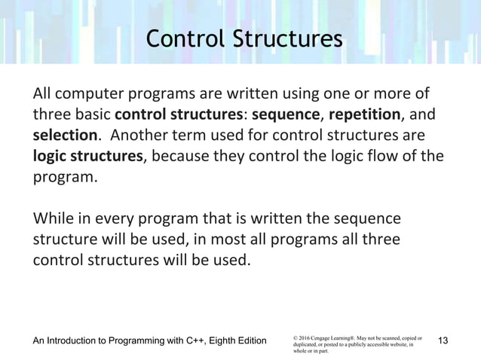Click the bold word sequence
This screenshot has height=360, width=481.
pyautogui.click(x=286, y=115)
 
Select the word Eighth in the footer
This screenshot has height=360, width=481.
pyautogui.click(x=234, y=341)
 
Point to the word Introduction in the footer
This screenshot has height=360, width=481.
pyautogui.click(x=81, y=341)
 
